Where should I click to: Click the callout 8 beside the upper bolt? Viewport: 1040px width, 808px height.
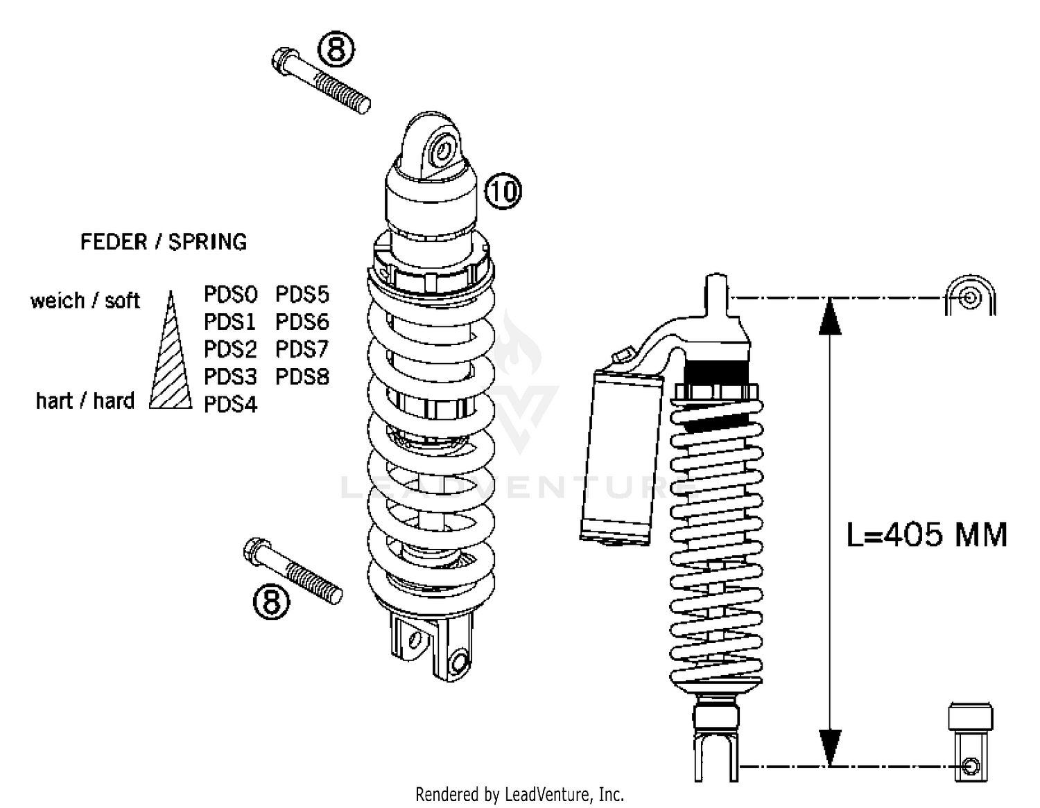[x=336, y=49]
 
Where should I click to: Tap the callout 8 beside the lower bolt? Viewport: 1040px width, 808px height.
[x=271, y=601]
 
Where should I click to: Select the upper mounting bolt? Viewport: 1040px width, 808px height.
[x=320, y=81]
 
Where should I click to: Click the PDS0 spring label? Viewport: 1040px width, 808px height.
[x=230, y=295]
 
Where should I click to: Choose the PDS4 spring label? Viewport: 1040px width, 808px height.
[x=230, y=405]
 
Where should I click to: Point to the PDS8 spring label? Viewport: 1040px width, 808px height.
[x=302, y=377]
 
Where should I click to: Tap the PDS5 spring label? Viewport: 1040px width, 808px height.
[x=302, y=295]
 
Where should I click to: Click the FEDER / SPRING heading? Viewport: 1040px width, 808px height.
[x=164, y=242]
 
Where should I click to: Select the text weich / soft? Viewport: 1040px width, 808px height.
[x=85, y=301]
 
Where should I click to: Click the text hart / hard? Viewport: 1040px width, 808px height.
[x=85, y=401]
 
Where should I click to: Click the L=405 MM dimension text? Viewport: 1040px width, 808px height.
[x=926, y=535]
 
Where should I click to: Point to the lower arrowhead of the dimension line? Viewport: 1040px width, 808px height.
[x=830, y=748]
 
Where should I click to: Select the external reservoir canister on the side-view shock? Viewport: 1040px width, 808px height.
[x=618, y=454]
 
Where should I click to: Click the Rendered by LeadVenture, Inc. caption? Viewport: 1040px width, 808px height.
[x=519, y=794]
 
